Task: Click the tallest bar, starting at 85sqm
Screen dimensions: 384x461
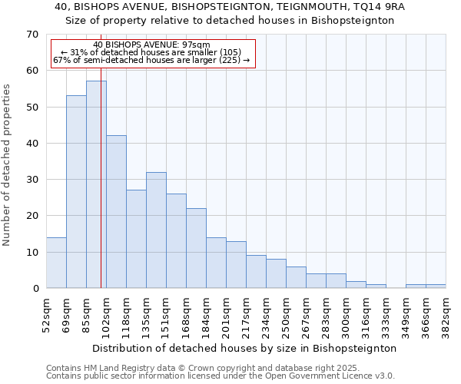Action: point(96,184)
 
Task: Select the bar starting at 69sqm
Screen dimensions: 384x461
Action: point(76,192)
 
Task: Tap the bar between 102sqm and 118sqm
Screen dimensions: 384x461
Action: point(116,211)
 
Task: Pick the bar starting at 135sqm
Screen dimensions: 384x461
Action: point(156,230)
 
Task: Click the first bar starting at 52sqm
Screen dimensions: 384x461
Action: point(56,263)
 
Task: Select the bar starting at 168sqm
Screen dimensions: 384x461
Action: point(196,248)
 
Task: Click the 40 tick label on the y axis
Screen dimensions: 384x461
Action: point(32,144)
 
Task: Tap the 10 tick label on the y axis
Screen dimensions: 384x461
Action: point(32,253)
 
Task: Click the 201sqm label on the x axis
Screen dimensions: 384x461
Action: point(226,314)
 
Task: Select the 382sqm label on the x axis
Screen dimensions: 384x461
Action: point(446,314)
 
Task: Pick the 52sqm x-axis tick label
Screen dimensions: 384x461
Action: point(46,314)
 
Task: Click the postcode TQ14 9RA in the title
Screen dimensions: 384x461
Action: point(379,6)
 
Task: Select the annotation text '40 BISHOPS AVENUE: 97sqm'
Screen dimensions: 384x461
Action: point(151,45)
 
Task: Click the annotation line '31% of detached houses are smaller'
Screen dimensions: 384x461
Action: point(151,52)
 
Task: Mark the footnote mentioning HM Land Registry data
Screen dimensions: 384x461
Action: point(181,368)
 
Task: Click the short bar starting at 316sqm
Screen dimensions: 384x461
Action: point(376,286)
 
